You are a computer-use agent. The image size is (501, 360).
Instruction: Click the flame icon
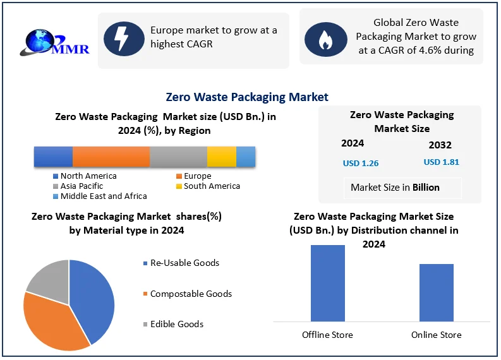pyautogui.click(x=325, y=39)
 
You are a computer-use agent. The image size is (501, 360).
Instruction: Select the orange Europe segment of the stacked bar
pyautogui.click(x=111, y=156)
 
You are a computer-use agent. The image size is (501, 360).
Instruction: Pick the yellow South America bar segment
pyautogui.click(x=221, y=156)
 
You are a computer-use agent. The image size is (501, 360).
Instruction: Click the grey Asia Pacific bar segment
pyautogui.click(x=178, y=156)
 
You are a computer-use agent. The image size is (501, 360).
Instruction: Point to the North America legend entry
pyautogui.click(x=85, y=176)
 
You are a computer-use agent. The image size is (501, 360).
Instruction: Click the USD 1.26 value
pyautogui.click(x=361, y=164)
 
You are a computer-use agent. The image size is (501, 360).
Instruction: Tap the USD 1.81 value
pyautogui.click(x=442, y=162)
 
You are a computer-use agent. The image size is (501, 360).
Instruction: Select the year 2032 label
pyautogui.click(x=440, y=145)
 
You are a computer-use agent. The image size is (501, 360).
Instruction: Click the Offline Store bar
pyautogui.click(x=328, y=283)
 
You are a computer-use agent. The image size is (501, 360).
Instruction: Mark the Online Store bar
pyautogui.click(x=436, y=292)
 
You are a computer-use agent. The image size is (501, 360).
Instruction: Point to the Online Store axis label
pyautogui.click(x=436, y=335)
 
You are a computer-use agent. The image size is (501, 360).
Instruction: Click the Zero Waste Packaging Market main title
pyautogui.click(x=247, y=97)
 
